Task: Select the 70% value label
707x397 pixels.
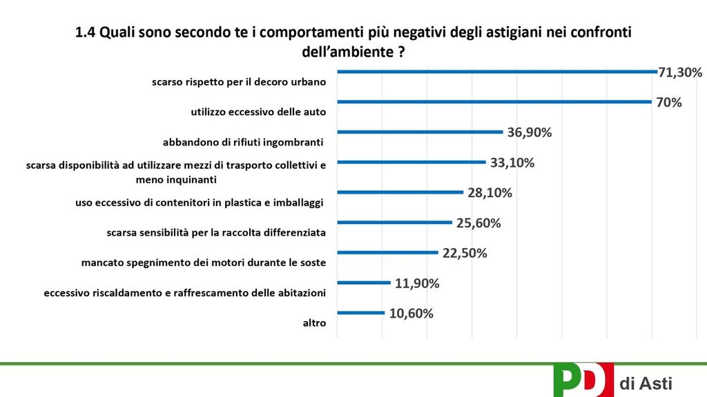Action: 669,103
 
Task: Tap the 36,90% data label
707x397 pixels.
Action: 530,132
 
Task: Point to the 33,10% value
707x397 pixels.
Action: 512,163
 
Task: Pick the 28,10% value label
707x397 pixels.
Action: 490,193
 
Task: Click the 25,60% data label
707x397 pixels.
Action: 478,223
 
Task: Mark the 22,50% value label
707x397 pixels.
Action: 465,253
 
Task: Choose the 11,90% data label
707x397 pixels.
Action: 417,283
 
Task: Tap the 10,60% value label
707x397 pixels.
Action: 411,313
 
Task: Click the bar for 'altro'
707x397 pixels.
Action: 360,313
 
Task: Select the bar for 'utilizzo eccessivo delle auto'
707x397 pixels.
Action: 494,103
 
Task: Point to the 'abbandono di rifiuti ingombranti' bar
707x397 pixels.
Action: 419,132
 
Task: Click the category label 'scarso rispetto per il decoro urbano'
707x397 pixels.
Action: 239,82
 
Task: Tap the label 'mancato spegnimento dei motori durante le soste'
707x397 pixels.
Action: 203,263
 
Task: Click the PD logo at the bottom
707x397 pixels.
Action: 583,380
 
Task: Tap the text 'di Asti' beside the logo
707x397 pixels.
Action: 646,383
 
